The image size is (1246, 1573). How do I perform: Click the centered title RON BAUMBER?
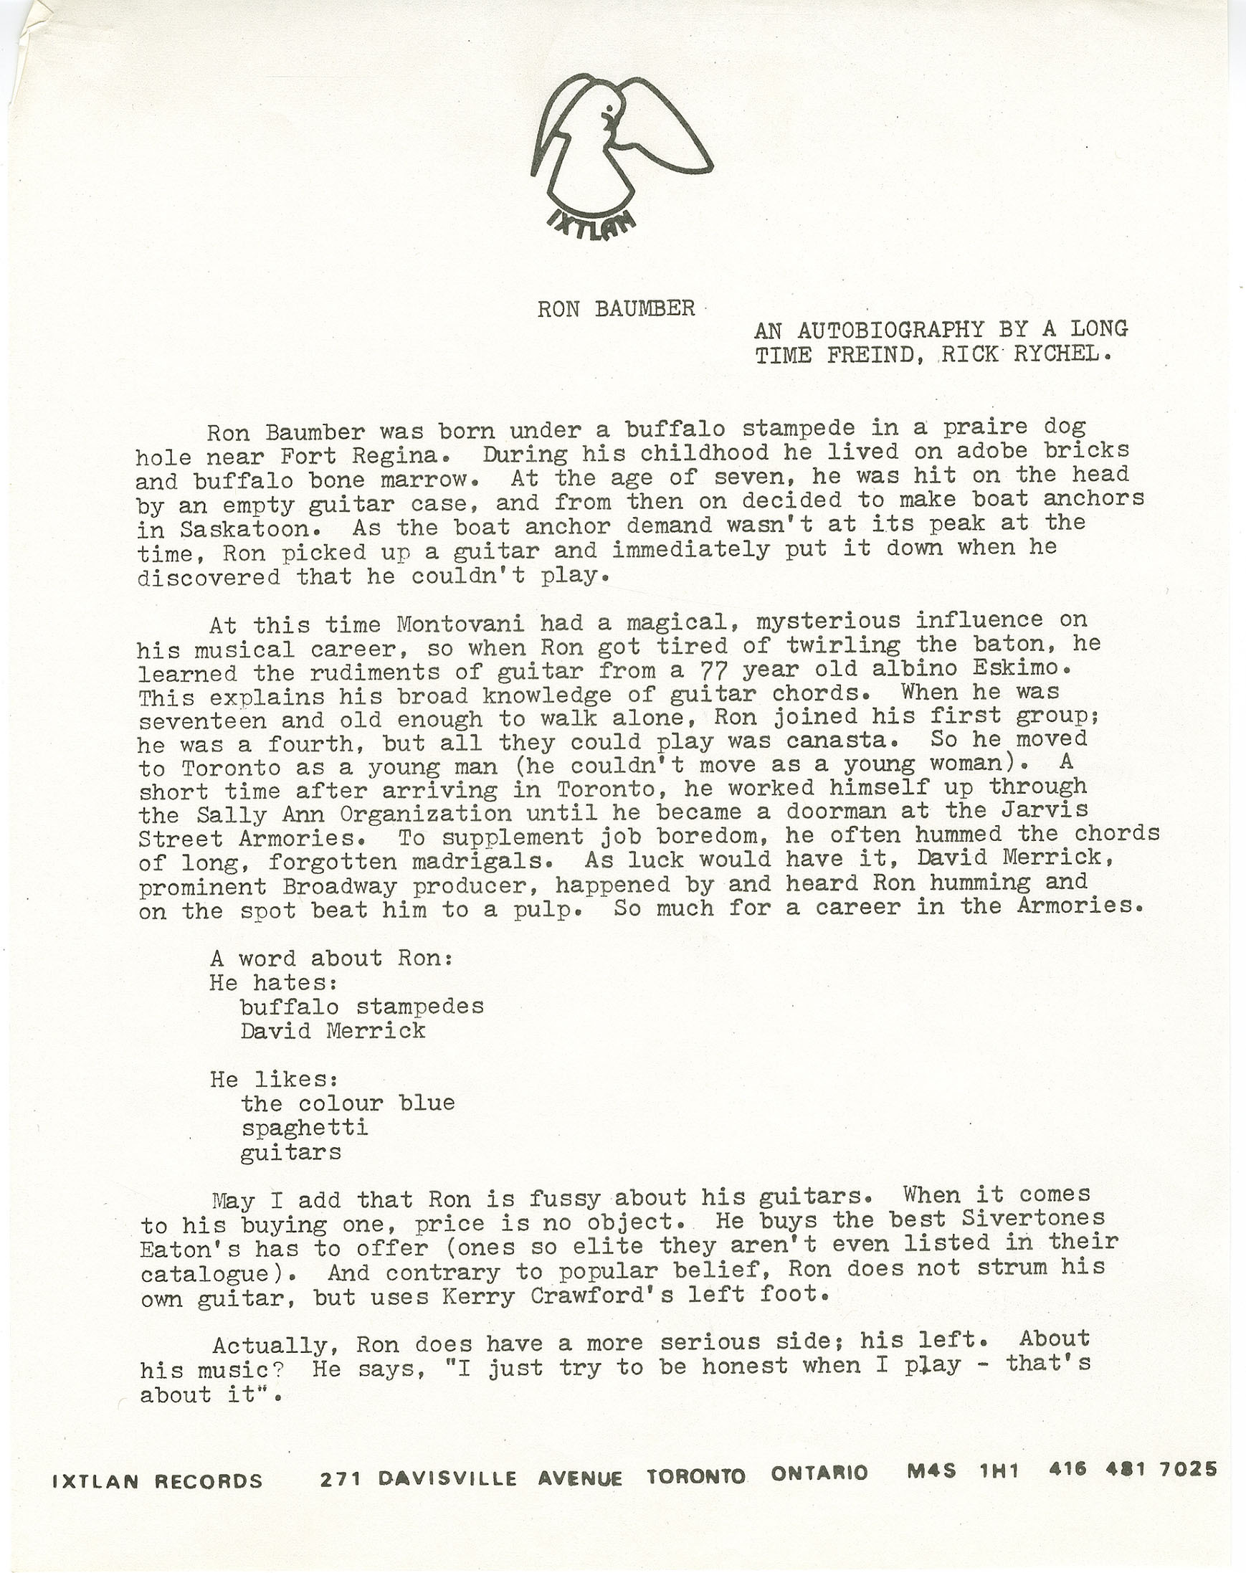click(617, 309)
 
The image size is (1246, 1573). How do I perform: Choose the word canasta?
click(837, 741)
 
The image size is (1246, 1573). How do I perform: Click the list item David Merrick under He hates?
click(333, 1031)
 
